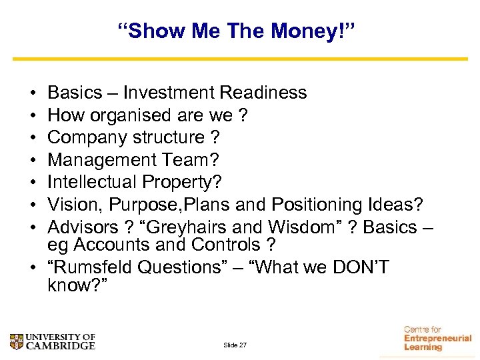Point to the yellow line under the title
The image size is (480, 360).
coord(240,59)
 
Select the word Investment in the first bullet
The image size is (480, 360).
coord(166,93)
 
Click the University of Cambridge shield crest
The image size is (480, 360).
coord(17,342)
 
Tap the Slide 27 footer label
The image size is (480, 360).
coord(235,345)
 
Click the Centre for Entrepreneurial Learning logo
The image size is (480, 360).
coord(436,339)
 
